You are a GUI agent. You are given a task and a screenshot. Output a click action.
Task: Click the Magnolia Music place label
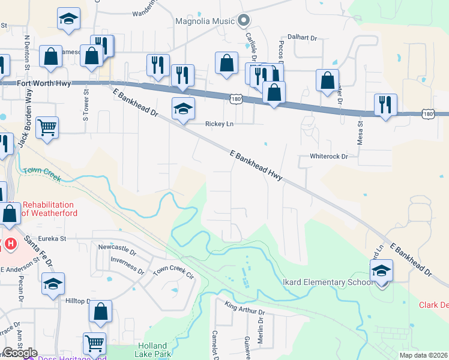coord(205,22)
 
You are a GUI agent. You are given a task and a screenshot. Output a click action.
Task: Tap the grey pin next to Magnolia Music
coord(243,21)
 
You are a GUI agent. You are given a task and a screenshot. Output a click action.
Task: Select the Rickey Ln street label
coord(219,124)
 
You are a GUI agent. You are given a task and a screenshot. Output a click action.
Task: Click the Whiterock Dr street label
coord(329,156)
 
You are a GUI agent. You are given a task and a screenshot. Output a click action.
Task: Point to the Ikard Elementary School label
coord(322,283)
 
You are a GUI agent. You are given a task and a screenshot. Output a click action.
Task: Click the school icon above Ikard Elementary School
coord(381,271)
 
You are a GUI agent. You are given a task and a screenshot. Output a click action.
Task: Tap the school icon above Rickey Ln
coord(184,109)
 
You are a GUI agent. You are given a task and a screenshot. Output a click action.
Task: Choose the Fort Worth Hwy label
coord(44,84)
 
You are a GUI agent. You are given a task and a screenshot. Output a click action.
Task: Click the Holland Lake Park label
coord(156,350)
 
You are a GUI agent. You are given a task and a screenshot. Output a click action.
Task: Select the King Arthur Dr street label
coord(245,310)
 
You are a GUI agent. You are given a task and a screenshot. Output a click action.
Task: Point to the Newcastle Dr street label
coord(118,247)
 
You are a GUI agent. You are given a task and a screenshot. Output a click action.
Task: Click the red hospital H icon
coord(11,245)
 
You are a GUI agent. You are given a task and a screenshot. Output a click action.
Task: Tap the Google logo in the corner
coord(20,353)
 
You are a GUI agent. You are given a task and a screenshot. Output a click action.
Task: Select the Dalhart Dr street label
coord(302,38)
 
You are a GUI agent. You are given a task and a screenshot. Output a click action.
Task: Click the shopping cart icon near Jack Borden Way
coord(47,127)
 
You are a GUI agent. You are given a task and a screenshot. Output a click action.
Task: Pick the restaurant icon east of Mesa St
coord(384,105)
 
